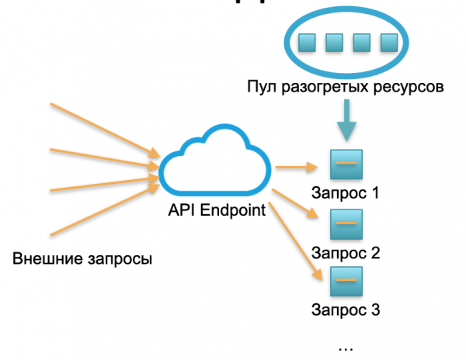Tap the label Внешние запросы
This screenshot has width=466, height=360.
coord(82,258)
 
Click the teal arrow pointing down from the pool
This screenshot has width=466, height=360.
coord(346,123)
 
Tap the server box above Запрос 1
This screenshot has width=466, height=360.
coord(346,164)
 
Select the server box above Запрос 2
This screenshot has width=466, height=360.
coord(346,223)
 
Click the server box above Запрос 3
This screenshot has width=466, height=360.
coord(346,280)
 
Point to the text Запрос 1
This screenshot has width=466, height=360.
coord(345,192)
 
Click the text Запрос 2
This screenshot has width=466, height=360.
coord(345,252)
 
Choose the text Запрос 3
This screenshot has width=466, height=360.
coord(345,311)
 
